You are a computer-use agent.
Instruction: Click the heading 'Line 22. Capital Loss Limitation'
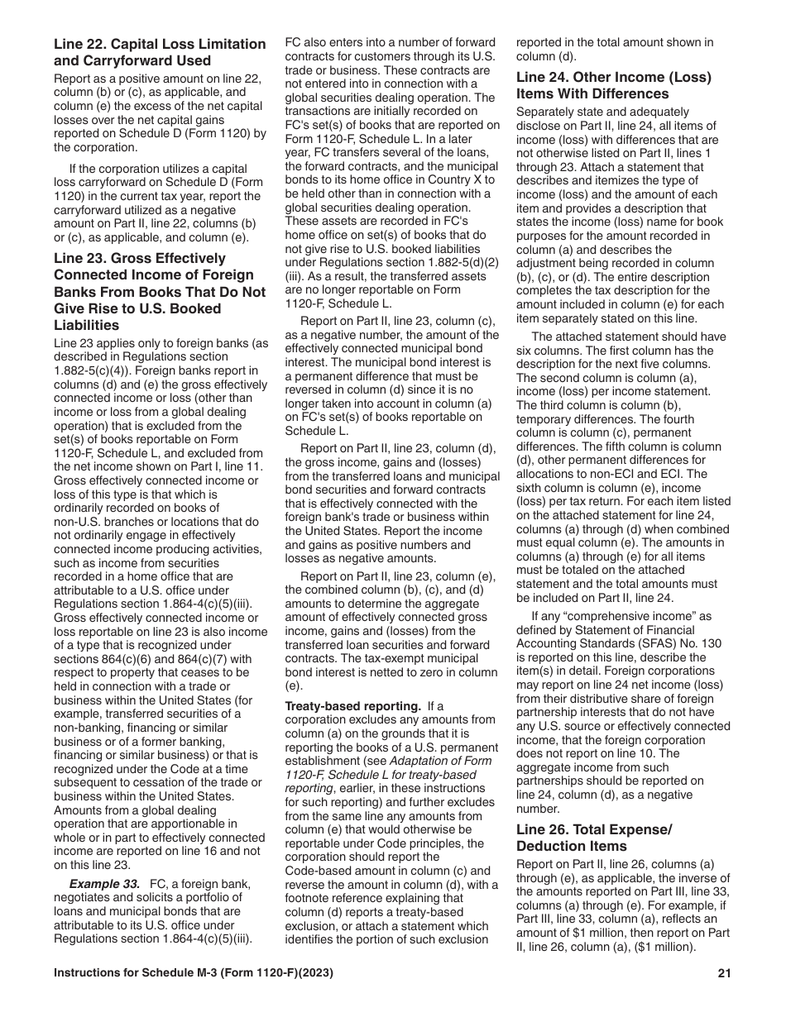(160, 45)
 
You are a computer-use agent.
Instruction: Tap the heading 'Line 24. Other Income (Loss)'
(613, 78)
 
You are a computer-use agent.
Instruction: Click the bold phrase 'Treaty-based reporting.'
(353, 706)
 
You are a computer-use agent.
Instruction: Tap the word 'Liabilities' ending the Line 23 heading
(84, 325)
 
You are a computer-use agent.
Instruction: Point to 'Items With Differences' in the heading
(592, 94)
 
